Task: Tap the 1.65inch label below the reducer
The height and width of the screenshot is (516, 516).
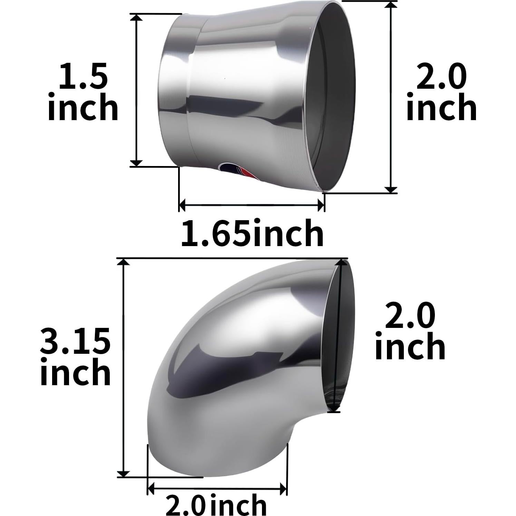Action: tap(252, 234)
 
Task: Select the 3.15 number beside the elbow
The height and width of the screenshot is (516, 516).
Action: tap(75, 341)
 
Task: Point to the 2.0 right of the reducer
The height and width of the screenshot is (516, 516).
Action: tap(441, 77)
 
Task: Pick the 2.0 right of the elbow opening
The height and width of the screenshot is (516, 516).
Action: tap(410, 315)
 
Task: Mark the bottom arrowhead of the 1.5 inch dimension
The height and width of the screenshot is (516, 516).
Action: tap(137, 163)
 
